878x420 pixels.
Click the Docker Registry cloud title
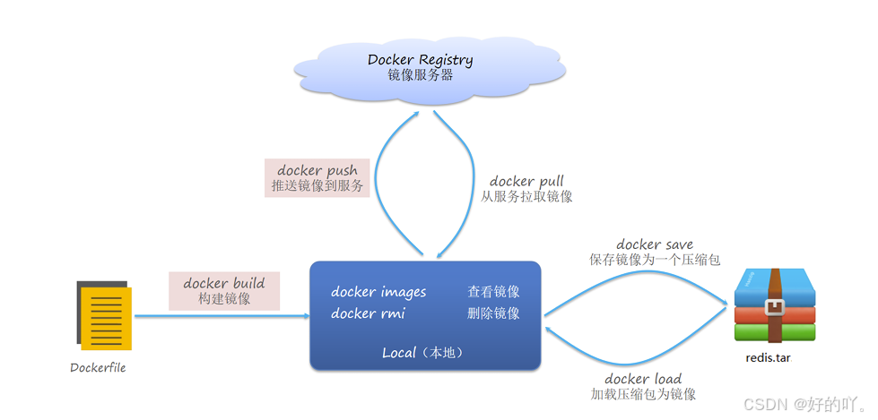click(x=420, y=60)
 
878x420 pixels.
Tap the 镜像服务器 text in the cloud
click(x=420, y=76)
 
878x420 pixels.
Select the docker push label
click(x=317, y=170)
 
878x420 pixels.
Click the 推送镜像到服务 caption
click(x=317, y=186)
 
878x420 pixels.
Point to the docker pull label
click(x=526, y=181)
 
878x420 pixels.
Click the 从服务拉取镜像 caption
click(x=526, y=197)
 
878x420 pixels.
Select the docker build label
click(x=224, y=283)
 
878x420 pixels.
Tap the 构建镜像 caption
click(x=224, y=299)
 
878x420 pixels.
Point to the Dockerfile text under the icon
click(x=98, y=367)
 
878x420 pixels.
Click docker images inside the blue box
click(x=378, y=292)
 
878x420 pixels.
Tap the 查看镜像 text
click(x=493, y=292)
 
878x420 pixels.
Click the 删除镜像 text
click(x=493, y=313)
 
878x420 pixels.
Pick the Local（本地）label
click(x=424, y=353)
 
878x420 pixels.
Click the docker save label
click(x=655, y=244)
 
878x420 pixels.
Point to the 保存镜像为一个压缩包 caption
click(x=655, y=260)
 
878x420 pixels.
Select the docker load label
click(x=643, y=379)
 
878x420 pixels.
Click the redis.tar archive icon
click(x=775, y=305)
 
